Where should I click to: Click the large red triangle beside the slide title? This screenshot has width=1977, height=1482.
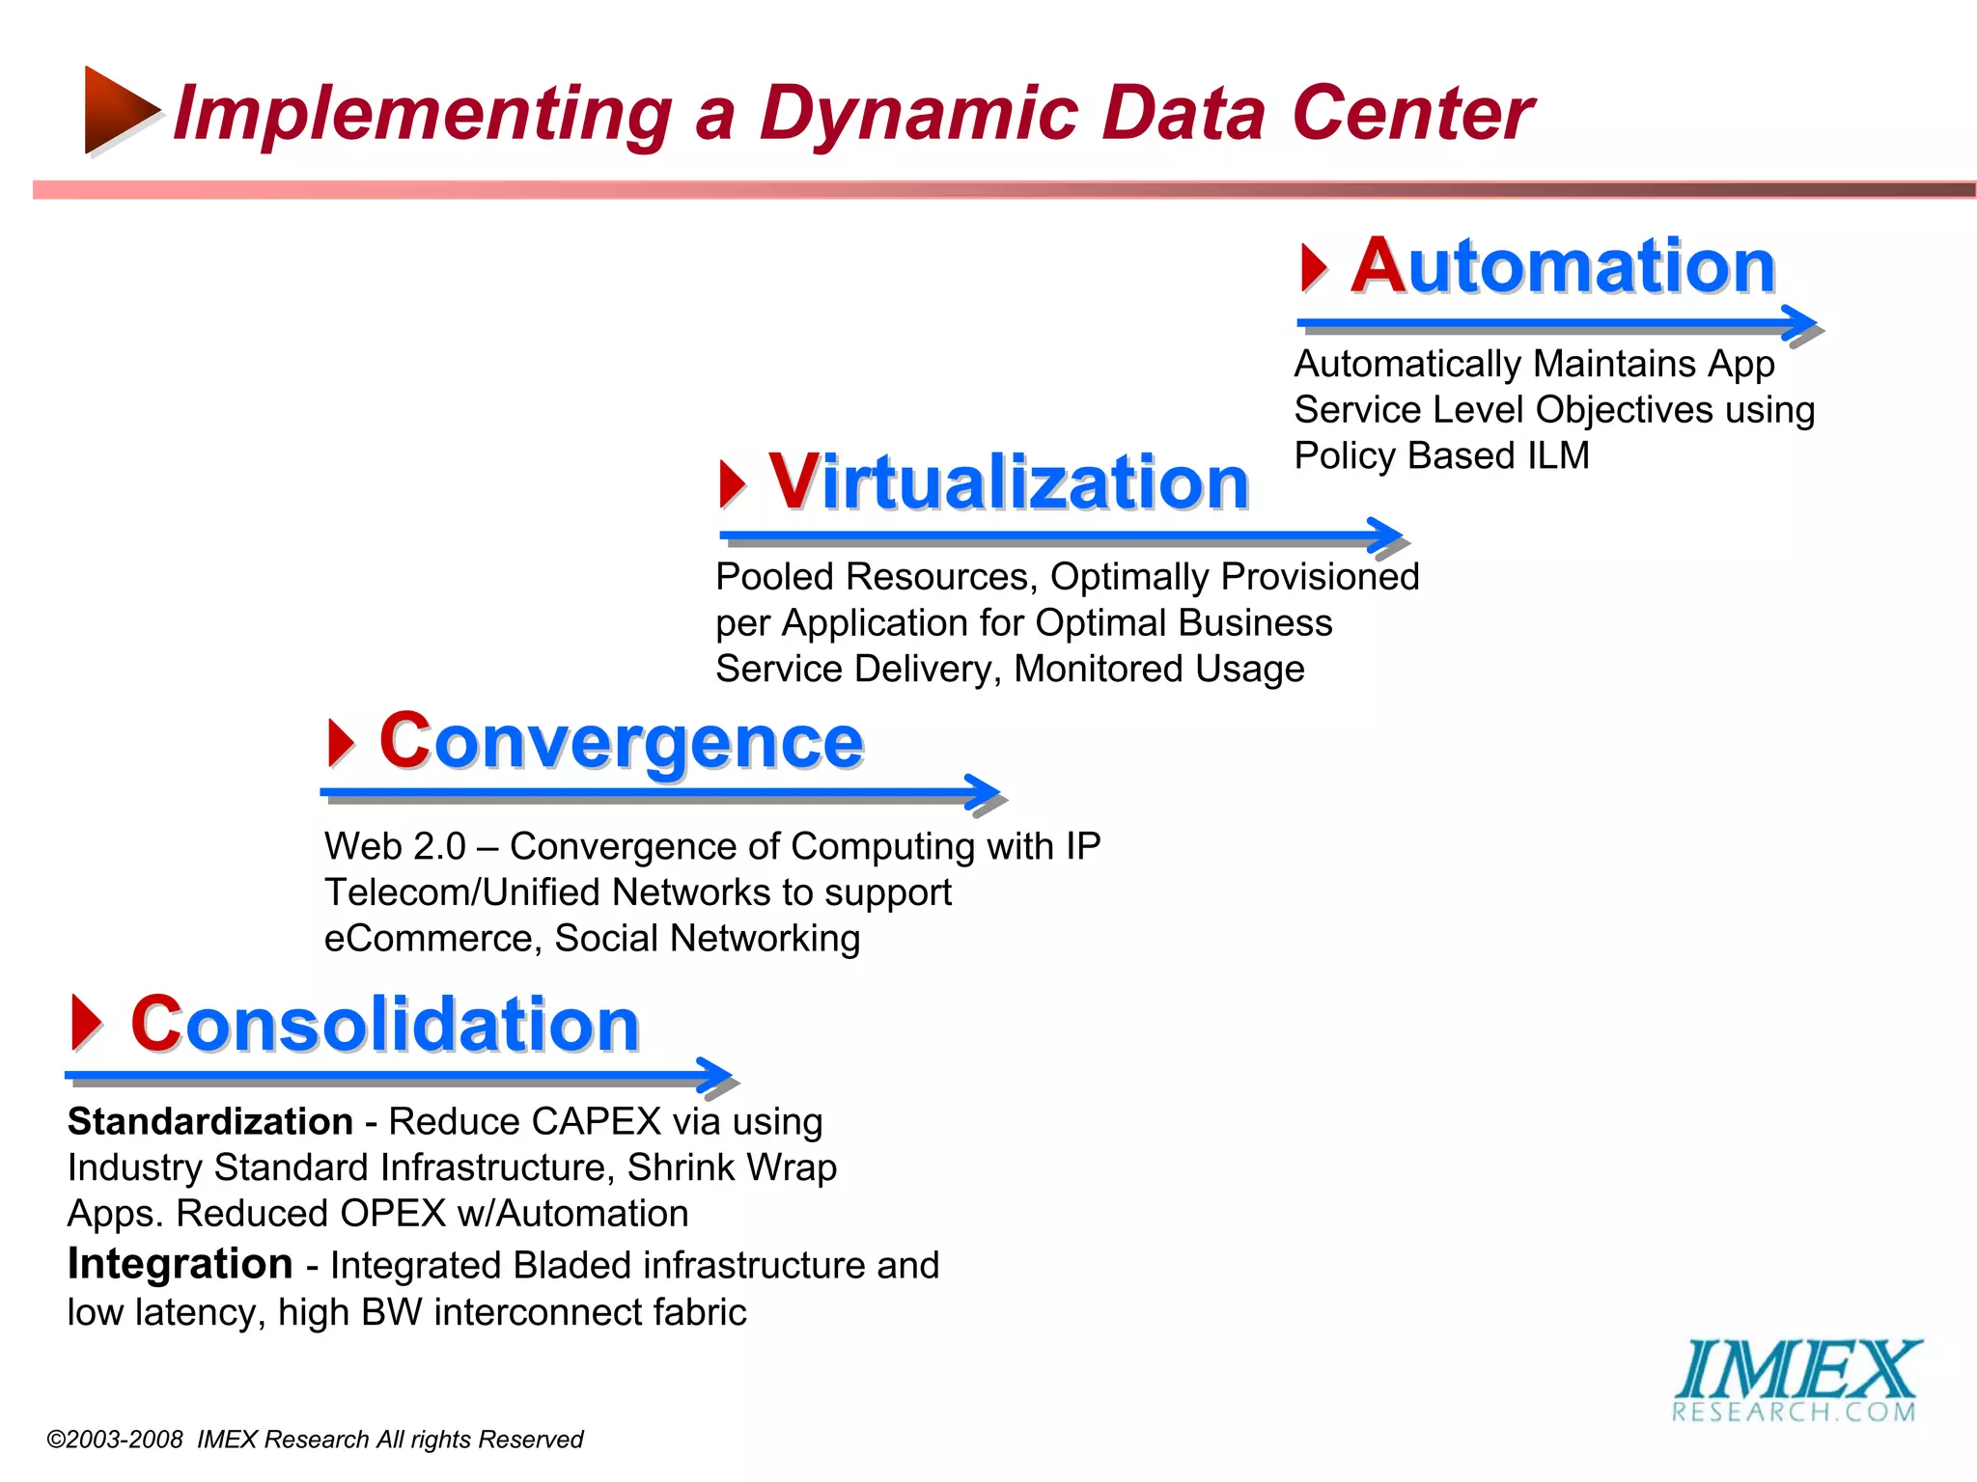(x=118, y=109)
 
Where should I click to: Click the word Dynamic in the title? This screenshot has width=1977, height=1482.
(x=917, y=114)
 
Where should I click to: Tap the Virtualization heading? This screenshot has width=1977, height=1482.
(x=1008, y=482)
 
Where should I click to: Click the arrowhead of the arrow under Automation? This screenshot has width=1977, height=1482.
(x=1801, y=323)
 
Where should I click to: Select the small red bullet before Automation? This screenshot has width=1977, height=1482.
(x=1313, y=267)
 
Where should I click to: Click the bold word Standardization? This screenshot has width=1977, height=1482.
(x=209, y=1122)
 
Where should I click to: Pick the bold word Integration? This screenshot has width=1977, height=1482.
(x=180, y=1264)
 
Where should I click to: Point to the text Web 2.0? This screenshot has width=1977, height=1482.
(x=395, y=847)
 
